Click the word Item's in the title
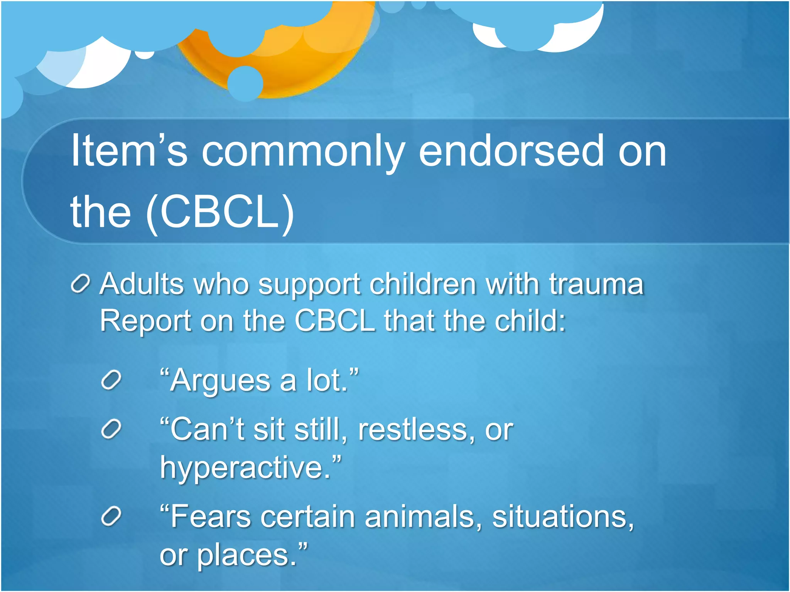(x=129, y=151)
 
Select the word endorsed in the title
(x=511, y=151)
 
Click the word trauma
(x=596, y=284)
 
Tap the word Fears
(x=210, y=516)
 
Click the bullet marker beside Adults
(x=81, y=284)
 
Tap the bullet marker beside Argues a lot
(x=111, y=381)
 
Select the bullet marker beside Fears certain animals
(x=111, y=516)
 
